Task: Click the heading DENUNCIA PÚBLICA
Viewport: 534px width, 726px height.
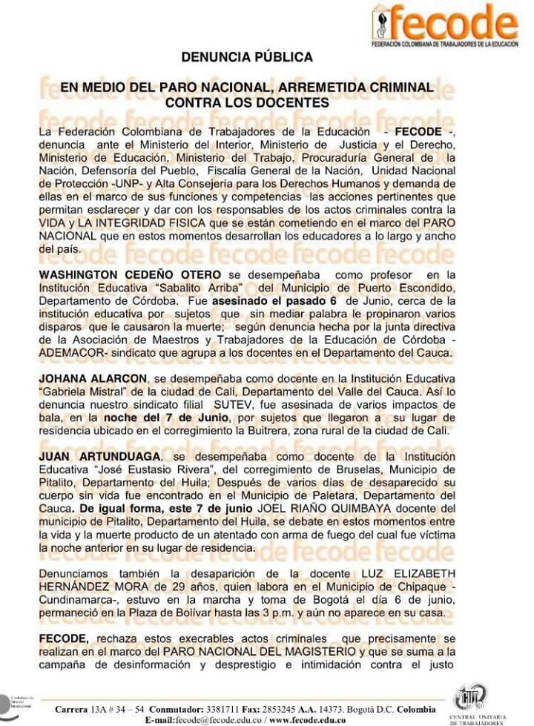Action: point(247,57)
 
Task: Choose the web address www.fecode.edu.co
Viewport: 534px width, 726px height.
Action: point(306,720)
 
